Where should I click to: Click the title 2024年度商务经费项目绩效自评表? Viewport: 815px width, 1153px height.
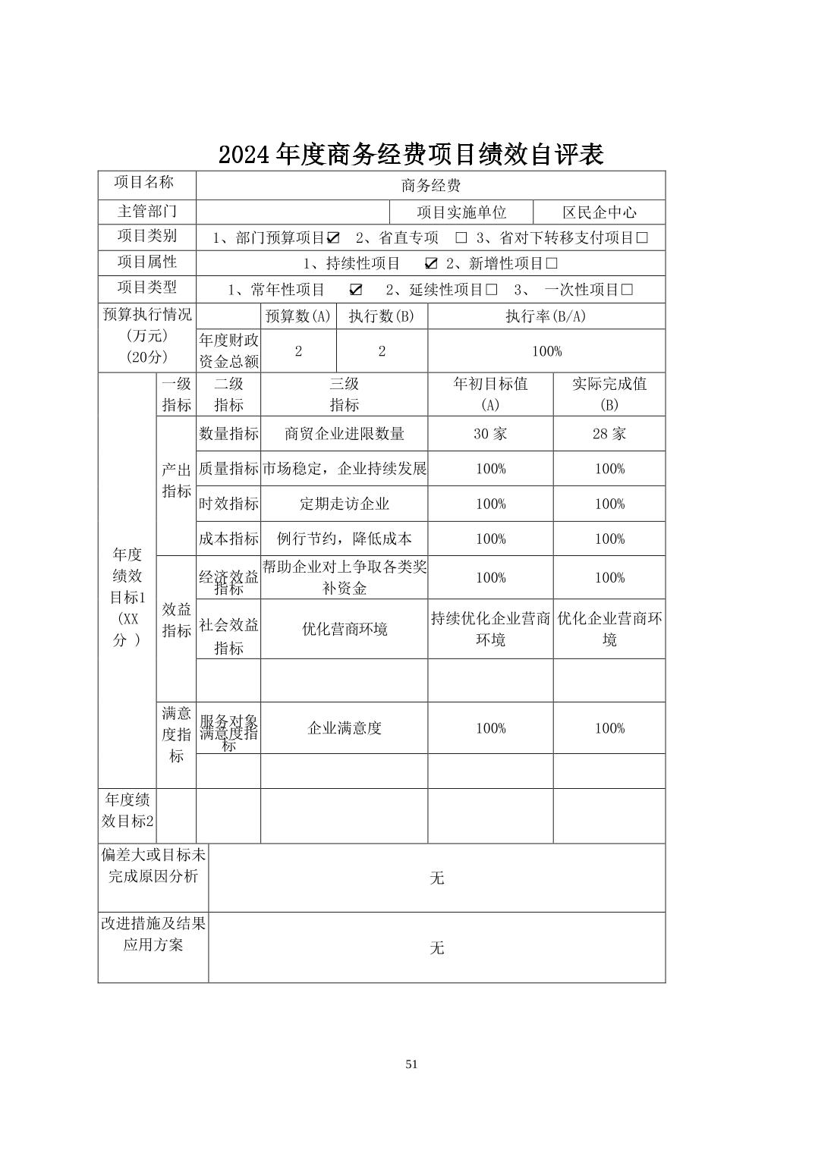click(x=411, y=155)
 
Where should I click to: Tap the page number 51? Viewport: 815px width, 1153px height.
click(x=411, y=1064)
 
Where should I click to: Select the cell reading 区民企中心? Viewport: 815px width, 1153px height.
click(x=599, y=212)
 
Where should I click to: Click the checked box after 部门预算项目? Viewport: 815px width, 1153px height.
click(x=333, y=238)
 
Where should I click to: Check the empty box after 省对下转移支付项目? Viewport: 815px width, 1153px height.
click(x=642, y=238)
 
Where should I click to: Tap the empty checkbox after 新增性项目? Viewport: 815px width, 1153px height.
click(x=552, y=264)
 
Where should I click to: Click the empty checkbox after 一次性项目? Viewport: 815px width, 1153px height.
click(x=627, y=290)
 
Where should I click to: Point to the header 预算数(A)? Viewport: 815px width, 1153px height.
click(x=298, y=316)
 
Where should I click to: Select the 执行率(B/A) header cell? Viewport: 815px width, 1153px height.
click(x=546, y=316)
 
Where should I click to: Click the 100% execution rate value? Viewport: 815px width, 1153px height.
click(x=546, y=351)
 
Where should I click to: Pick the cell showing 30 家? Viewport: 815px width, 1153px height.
click(x=490, y=434)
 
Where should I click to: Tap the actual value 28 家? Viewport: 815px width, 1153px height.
click(x=609, y=434)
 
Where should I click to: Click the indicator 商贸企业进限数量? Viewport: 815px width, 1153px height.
click(x=345, y=434)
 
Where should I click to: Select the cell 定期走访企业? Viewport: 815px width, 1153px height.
click(x=345, y=504)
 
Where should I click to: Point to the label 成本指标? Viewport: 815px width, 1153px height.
click(x=228, y=539)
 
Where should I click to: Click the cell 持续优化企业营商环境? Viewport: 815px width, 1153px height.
click(x=490, y=629)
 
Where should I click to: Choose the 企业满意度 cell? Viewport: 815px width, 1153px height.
click(x=345, y=728)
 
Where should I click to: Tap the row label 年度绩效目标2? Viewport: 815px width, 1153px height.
click(x=127, y=810)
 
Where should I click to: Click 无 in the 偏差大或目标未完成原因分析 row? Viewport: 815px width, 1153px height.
click(x=437, y=878)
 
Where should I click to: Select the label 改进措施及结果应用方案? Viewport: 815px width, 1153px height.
click(x=153, y=935)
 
